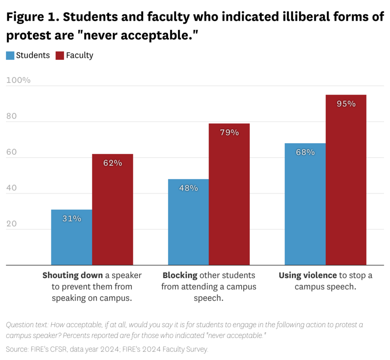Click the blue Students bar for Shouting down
(x=72, y=237)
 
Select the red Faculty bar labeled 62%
(x=113, y=209)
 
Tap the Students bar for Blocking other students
(x=188, y=222)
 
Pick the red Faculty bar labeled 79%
(x=229, y=194)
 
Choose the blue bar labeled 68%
(x=305, y=204)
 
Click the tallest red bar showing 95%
(x=346, y=180)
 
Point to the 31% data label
(x=72, y=219)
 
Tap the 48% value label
(x=189, y=188)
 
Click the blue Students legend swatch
(x=10, y=55)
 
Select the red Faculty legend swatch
(x=60, y=55)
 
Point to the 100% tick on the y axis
(x=18, y=80)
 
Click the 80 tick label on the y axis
(x=11, y=116)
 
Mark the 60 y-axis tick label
(x=11, y=152)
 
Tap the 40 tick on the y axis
(x=11, y=188)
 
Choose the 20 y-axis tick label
(x=11, y=224)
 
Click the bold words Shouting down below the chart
(x=73, y=275)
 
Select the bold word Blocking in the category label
(x=180, y=275)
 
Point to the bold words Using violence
(x=308, y=275)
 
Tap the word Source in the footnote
(x=17, y=349)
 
